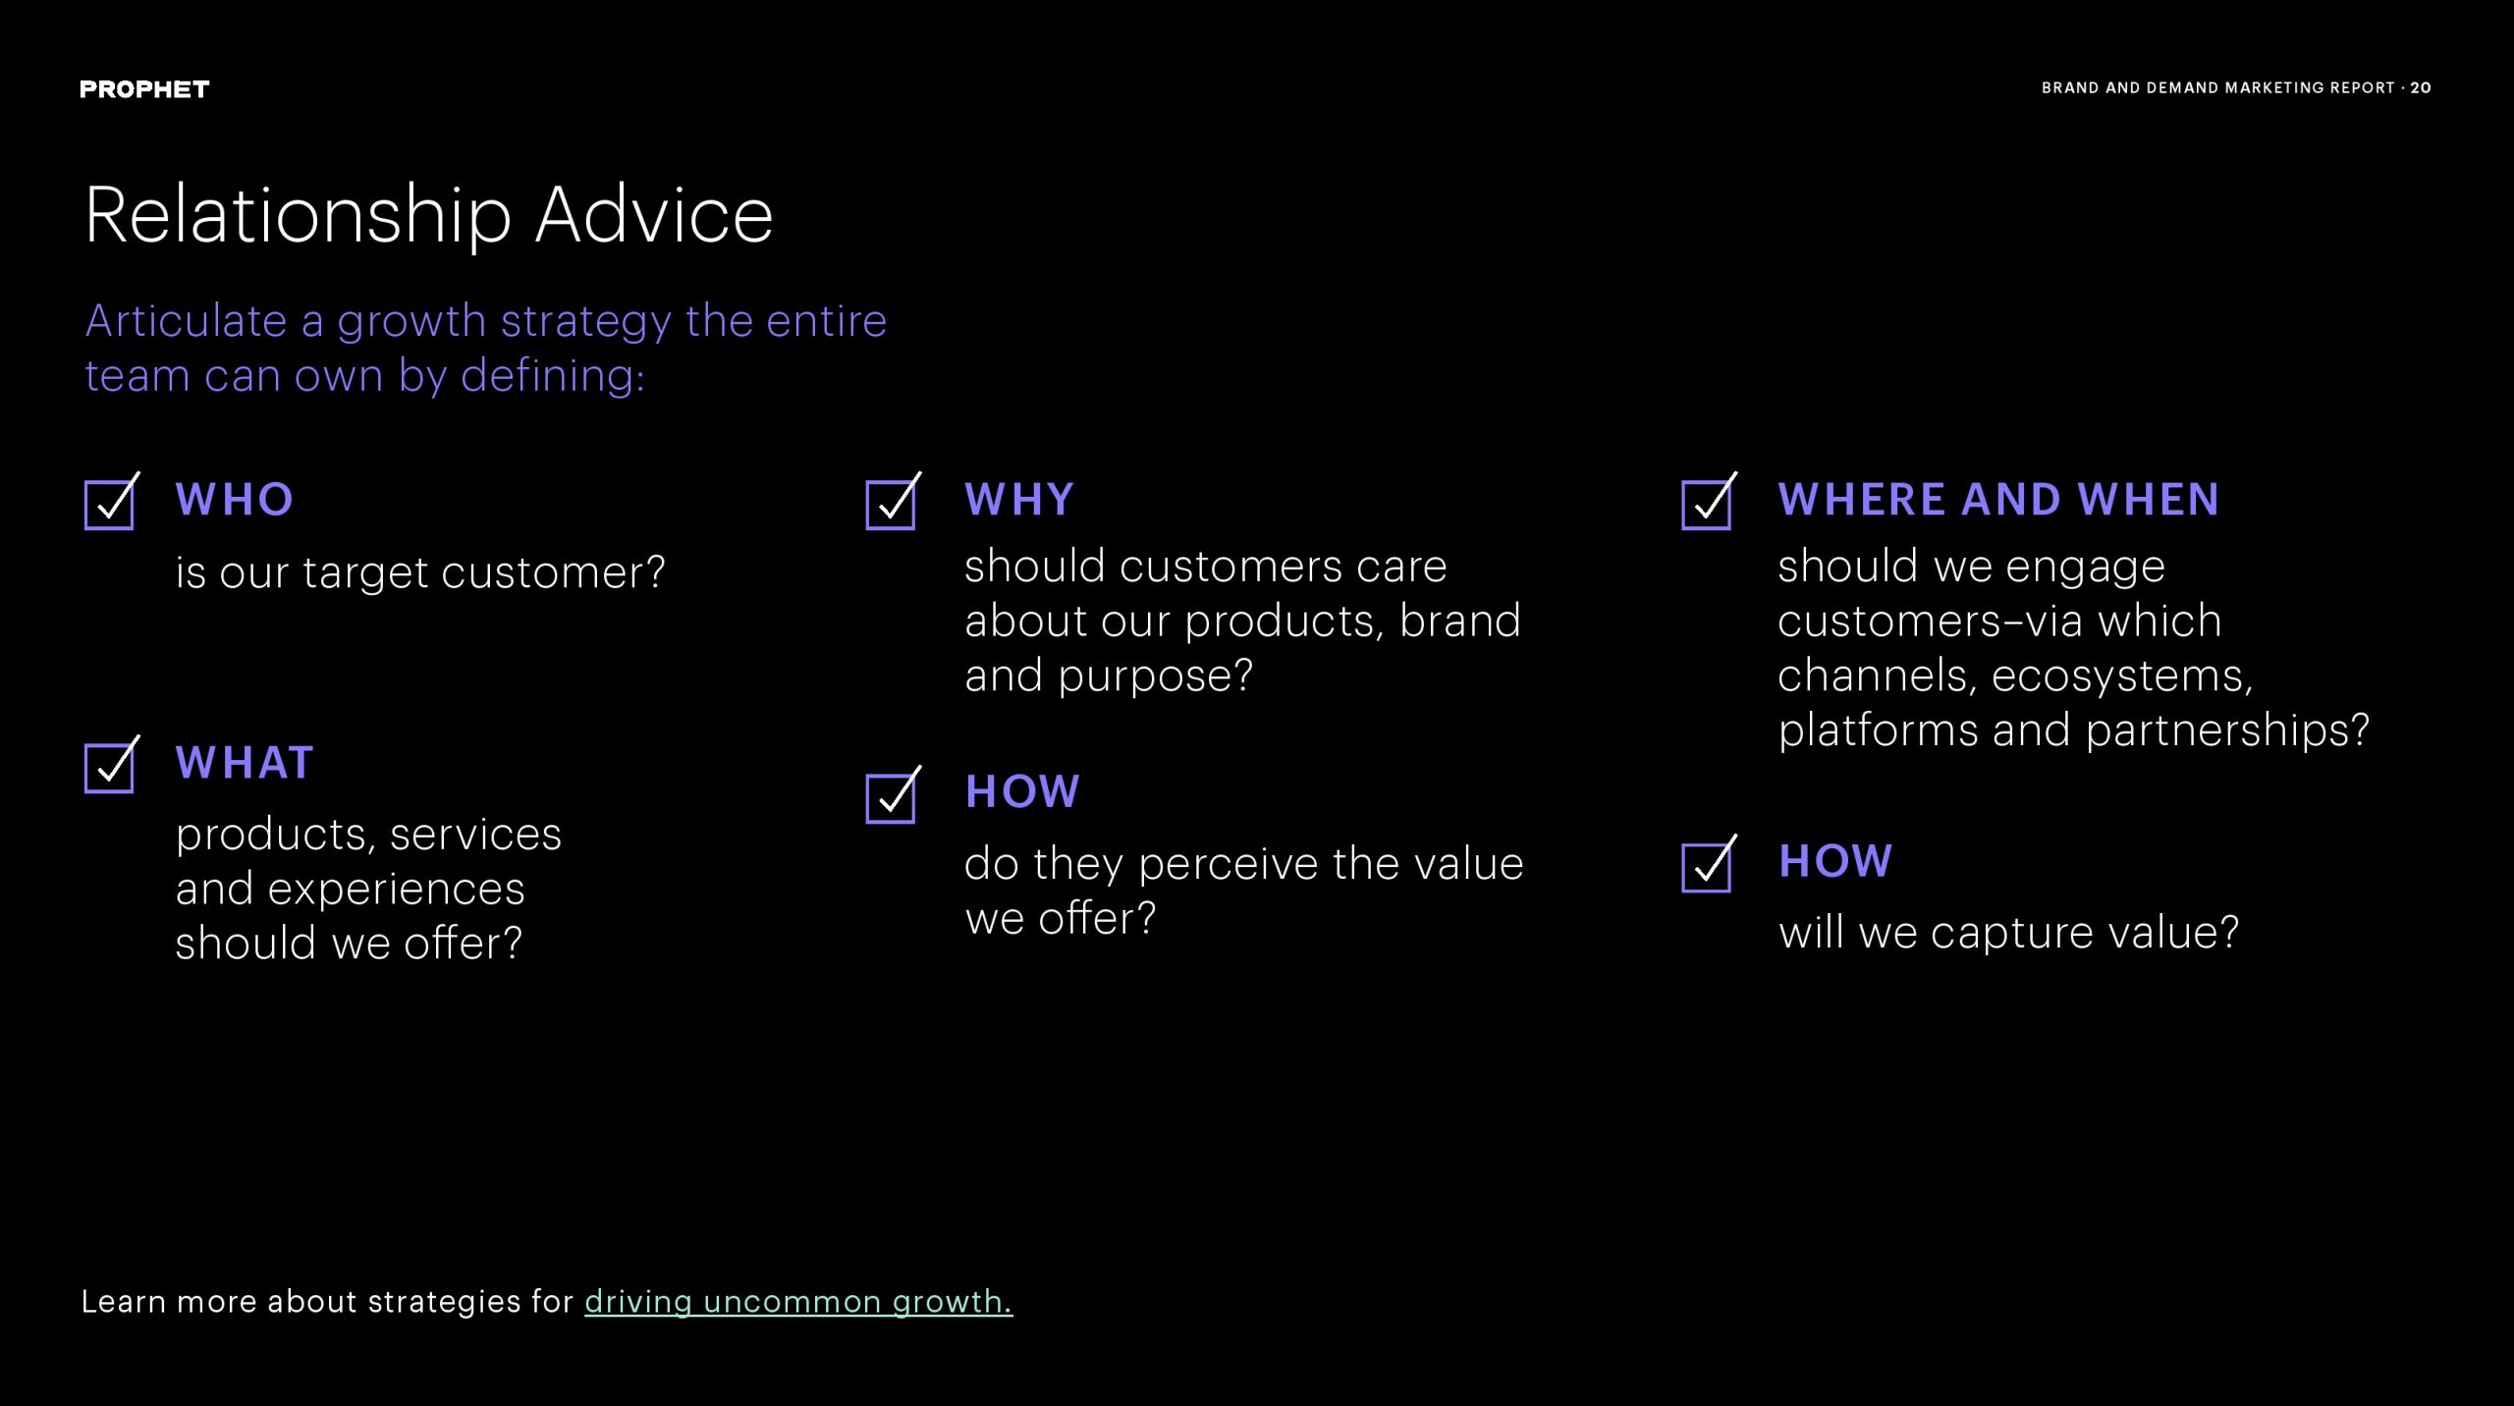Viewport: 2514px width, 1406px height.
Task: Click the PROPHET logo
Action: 144,89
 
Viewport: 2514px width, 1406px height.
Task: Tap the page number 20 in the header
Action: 2421,87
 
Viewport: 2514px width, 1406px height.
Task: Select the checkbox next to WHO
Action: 109,505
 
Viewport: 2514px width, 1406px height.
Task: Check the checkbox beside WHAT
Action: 109,768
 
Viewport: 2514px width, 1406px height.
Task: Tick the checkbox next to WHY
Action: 891,505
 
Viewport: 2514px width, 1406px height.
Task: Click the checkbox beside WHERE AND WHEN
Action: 1707,505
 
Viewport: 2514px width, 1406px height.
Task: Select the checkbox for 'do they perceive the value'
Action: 891,798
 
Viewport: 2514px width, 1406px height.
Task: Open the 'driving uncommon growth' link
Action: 798,1301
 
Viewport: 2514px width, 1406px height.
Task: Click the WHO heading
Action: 235,499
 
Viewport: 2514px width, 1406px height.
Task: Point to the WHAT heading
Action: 245,762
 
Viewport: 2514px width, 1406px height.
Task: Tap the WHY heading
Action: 1019,499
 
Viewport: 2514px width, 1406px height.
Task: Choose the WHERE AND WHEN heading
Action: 1998,499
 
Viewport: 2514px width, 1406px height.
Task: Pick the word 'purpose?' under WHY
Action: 1156,676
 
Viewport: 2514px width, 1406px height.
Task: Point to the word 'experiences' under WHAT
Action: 396,889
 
